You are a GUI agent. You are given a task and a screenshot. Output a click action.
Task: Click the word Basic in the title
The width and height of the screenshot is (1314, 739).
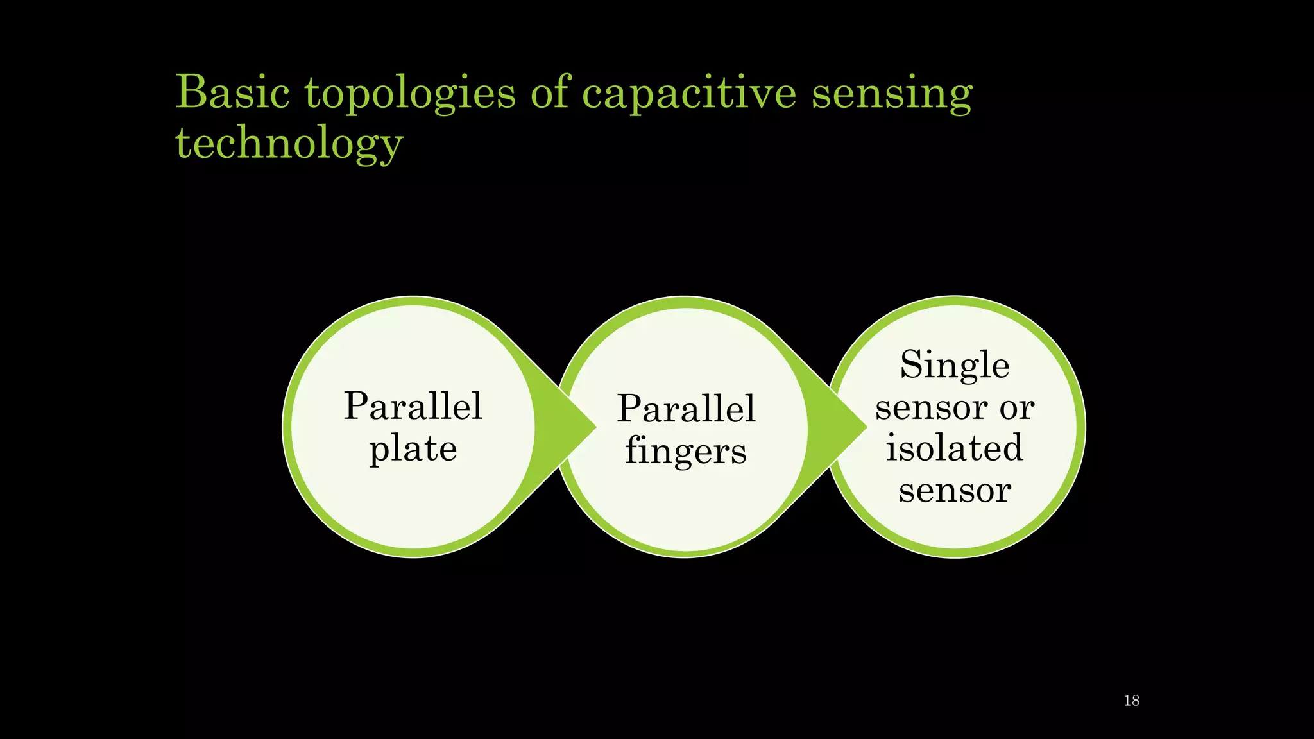pyautogui.click(x=232, y=93)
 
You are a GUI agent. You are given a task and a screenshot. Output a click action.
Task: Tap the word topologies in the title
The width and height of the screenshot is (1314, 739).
pyautogui.click(x=410, y=95)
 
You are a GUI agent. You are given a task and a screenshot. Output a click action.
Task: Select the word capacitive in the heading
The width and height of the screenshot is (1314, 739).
pyautogui.click(x=689, y=95)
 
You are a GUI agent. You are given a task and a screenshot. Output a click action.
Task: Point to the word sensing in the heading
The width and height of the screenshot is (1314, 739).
pyautogui.click(x=892, y=95)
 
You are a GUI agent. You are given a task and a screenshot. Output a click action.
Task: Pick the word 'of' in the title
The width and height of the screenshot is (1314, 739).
pyautogui.click(x=550, y=93)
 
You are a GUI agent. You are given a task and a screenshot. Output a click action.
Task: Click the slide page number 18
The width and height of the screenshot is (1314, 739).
pyautogui.click(x=1132, y=701)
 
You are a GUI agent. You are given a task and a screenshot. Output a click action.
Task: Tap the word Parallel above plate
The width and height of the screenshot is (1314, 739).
pyautogui.click(x=413, y=406)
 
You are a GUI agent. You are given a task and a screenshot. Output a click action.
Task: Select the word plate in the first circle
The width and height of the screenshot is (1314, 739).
pyautogui.click(x=413, y=448)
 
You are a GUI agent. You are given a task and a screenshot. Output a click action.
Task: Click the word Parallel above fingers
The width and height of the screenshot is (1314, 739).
pyautogui.click(x=686, y=409)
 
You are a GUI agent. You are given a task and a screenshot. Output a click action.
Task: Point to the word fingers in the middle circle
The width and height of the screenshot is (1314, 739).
pyautogui.click(x=686, y=451)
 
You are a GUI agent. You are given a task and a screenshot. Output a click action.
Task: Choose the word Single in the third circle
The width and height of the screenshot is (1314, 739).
pyautogui.click(x=955, y=366)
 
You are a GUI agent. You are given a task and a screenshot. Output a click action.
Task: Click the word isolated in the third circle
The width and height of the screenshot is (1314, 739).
pyautogui.click(x=955, y=448)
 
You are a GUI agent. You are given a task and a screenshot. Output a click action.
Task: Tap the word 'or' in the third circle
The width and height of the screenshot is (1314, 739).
pyautogui.click(x=1017, y=407)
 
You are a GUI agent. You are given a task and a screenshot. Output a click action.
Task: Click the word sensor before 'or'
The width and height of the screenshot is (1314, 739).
pyautogui.click(x=931, y=407)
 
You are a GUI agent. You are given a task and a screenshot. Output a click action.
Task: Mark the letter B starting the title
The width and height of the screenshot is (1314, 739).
pyautogui.click(x=192, y=92)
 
